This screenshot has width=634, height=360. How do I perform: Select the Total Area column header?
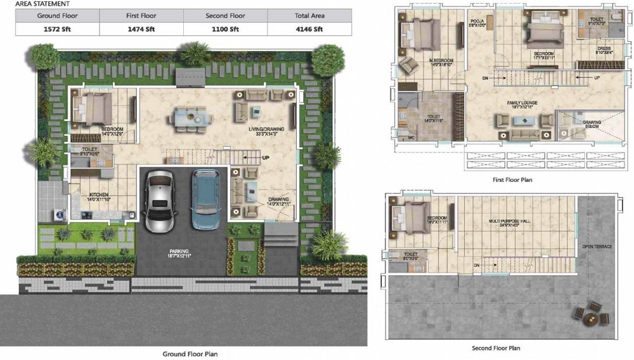pos(309,15)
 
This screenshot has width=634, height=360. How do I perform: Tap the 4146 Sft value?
pos(309,29)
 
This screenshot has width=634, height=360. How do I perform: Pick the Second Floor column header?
pos(226,15)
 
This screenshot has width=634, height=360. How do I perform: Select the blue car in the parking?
pos(205,199)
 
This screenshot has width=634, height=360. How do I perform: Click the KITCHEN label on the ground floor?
pos(99,194)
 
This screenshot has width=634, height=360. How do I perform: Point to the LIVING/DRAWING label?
pos(266,129)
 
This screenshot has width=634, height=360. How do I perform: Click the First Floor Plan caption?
pos(512,180)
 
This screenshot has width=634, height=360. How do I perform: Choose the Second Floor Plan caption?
pos(496,348)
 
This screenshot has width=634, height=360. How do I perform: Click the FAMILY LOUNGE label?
pos(522,102)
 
